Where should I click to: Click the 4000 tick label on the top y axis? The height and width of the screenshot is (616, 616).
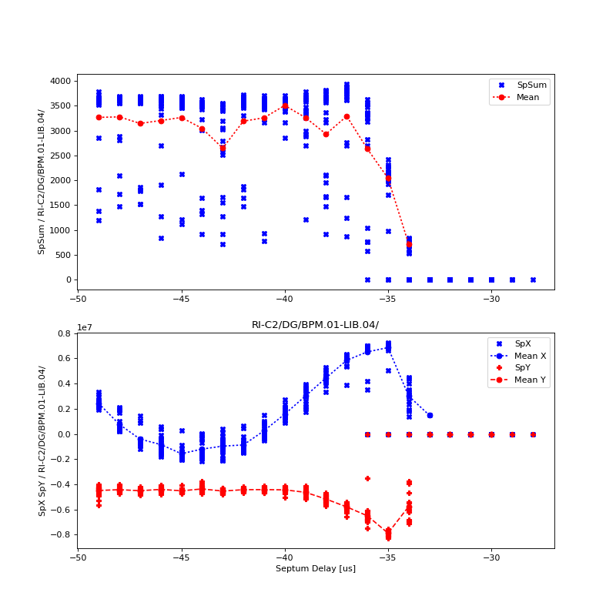coord(60,82)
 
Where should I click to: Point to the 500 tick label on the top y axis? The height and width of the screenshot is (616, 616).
coord(63,255)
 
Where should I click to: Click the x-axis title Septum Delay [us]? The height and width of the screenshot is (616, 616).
coord(316,569)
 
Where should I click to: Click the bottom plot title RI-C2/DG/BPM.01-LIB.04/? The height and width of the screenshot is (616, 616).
coord(316,325)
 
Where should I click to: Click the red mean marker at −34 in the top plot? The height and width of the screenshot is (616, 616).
coord(409,244)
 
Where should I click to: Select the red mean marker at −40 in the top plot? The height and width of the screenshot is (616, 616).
coord(285,106)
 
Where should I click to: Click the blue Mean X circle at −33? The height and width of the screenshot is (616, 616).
coord(430,415)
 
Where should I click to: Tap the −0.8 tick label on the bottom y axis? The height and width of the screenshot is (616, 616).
coord(61,535)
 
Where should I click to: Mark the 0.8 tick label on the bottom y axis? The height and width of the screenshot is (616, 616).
coord(64,334)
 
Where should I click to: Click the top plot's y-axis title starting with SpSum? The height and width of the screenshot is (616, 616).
coord(42,182)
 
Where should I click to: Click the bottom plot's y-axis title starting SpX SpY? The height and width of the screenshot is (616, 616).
coord(42,440)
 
